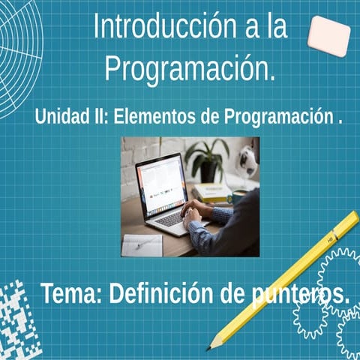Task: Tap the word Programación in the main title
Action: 190,68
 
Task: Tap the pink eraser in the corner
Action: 328,35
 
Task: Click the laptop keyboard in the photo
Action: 172,218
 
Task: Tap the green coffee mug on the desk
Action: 238,196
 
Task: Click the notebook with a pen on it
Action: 142,244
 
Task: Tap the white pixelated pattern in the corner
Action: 16,319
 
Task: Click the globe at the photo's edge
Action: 247,160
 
